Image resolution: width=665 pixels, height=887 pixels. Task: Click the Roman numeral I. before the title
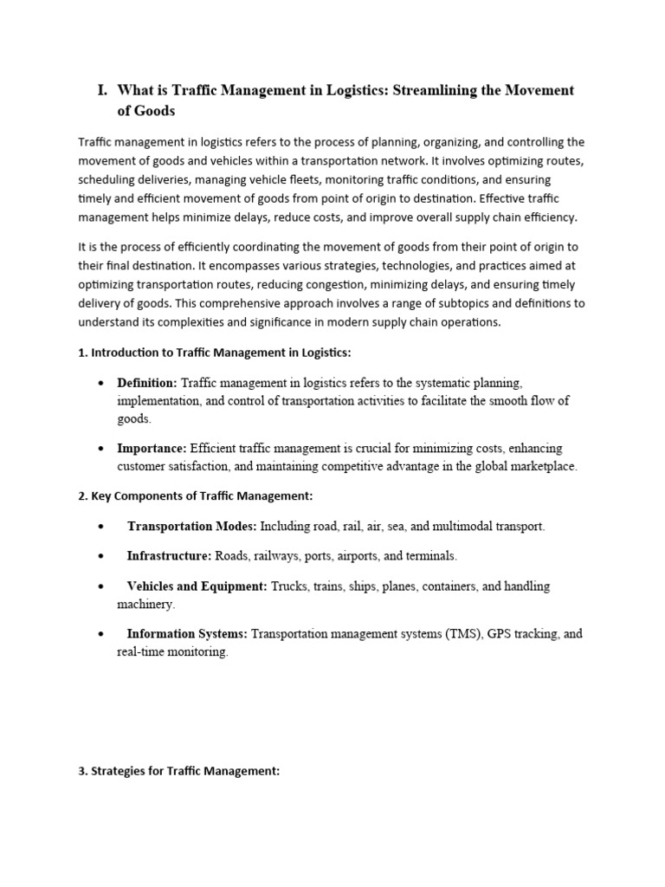coord(101,91)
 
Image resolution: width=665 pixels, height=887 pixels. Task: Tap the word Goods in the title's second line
coord(155,111)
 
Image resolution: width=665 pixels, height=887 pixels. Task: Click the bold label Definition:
coord(147,382)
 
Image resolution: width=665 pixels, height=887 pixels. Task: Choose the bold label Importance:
coord(152,449)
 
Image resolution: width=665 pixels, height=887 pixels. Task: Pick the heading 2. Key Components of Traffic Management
coord(195,496)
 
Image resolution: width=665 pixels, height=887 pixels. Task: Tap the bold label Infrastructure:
coord(169,555)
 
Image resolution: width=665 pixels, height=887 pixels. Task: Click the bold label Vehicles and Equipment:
coord(197,586)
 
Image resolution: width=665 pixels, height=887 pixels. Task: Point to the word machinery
coord(145,604)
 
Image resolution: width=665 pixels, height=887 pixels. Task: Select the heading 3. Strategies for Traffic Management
coord(179,771)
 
